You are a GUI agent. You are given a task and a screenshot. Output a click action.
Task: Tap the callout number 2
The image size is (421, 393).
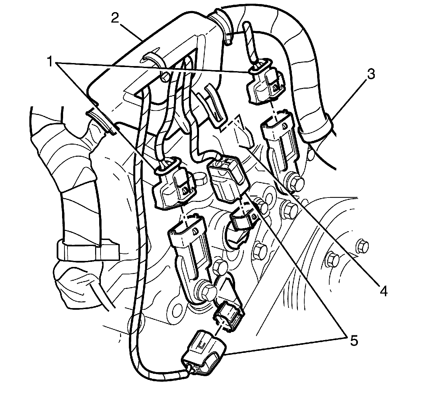tap(115, 18)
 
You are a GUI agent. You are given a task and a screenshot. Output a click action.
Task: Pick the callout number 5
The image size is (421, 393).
tap(353, 340)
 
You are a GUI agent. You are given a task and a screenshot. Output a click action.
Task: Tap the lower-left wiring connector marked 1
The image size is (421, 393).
tap(172, 187)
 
